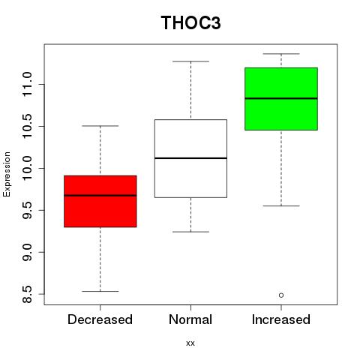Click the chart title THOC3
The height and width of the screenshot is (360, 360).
click(190, 22)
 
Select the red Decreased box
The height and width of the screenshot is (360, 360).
click(100, 201)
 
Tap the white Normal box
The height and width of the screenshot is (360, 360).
click(190, 158)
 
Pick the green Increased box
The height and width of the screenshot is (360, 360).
click(281, 99)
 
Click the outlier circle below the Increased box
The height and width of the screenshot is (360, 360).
click(281, 295)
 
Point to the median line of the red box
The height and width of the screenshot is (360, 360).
click(100, 196)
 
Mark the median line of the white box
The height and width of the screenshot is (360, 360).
click(190, 158)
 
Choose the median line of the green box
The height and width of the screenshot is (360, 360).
click(281, 98)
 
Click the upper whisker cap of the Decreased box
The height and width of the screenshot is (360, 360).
click(100, 126)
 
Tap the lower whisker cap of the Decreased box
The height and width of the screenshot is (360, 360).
click(100, 291)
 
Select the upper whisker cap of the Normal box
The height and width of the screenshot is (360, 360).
click(190, 61)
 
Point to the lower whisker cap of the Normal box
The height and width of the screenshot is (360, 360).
click(190, 232)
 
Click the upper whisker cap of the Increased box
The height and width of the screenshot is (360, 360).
click(281, 54)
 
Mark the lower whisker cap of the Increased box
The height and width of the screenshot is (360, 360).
click(281, 205)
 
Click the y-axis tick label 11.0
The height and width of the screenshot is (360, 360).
click(27, 85)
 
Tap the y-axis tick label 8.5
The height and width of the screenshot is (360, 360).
click(27, 294)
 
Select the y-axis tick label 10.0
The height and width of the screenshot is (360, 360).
click(27, 168)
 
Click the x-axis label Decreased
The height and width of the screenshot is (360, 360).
click(100, 319)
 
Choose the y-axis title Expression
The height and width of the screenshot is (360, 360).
click(7, 174)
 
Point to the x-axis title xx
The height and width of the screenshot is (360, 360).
click(190, 343)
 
